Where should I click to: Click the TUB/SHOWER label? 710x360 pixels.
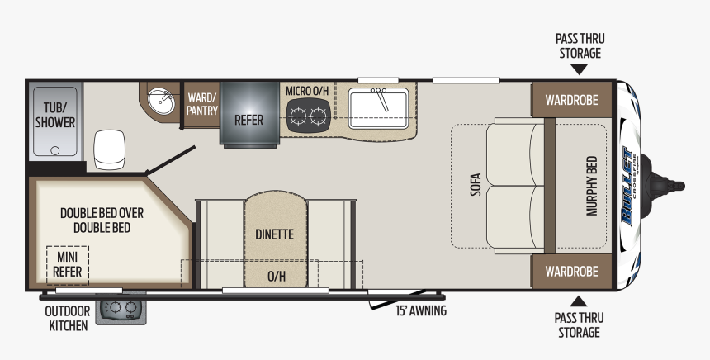pyautogui.click(x=55, y=115)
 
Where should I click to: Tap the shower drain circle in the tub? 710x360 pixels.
pyautogui.click(x=55, y=150)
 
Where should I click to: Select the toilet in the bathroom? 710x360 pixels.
pyautogui.click(x=109, y=149)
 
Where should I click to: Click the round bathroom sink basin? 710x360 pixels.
pyautogui.click(x=161, y=101)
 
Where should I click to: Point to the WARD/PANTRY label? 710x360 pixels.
pyautogui.click(x=202, y=104)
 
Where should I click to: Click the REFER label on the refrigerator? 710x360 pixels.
pyautogui.click(x=248, y=120)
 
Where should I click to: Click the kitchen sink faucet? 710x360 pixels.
pyautogui.click(x=381, y=98)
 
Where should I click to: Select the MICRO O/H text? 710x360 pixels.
pyautogui.click(x=307, y=91)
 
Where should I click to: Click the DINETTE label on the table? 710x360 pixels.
pyautogui.click(x=274, y=234)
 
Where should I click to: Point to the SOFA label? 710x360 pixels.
pyautogui.click(x=476, y=185)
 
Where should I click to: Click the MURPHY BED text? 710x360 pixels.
pyautogui.click(x=592, y=186)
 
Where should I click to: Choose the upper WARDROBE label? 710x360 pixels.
pyautogui.click(x=571, y=100)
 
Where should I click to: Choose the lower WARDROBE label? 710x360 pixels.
pyautogui.click(x=571, y=272)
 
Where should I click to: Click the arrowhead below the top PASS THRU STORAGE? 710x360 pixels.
pyautogui.click(x=579, y=69)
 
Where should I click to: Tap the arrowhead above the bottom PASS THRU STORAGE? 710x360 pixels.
pyautogui.click(x=579, y=301)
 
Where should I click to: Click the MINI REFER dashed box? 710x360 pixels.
pyautogui.click(x=68, y=265)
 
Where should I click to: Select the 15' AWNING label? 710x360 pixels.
pyautogui.click(x=421, y=311)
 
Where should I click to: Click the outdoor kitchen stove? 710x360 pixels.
pyautogui.click(x=121, y=309)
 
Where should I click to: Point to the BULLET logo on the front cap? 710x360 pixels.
pyautogui.click(x=628, y=186)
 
